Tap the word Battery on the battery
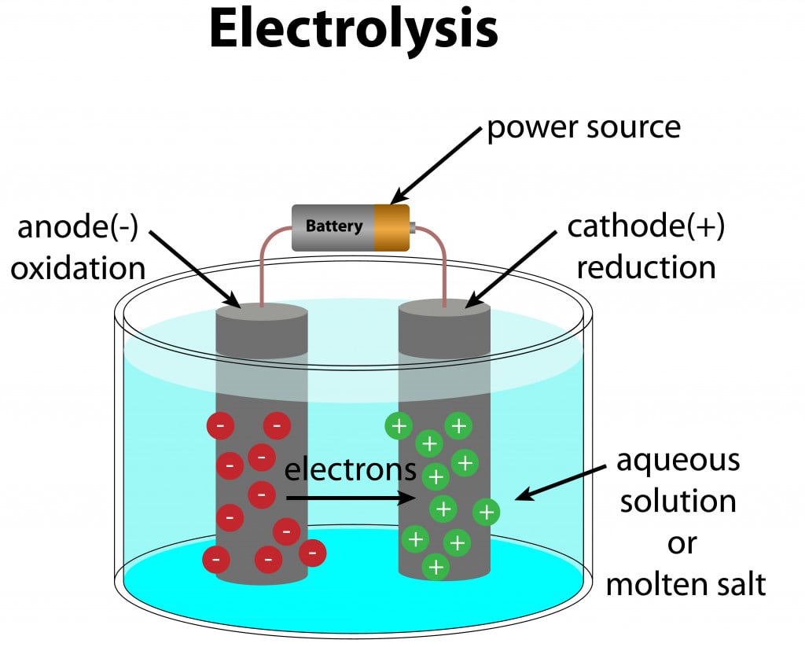pos(334,226)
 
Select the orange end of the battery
pos(391,228)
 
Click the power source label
pos(583,127)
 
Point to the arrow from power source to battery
pos(436,166)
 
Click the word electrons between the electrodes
pos(350,469)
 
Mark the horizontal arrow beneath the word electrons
pos(351,498)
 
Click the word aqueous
pos(678,460)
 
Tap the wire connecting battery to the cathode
pos(440,252)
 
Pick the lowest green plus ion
pos(435,567)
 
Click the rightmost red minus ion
pos(312,553)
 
